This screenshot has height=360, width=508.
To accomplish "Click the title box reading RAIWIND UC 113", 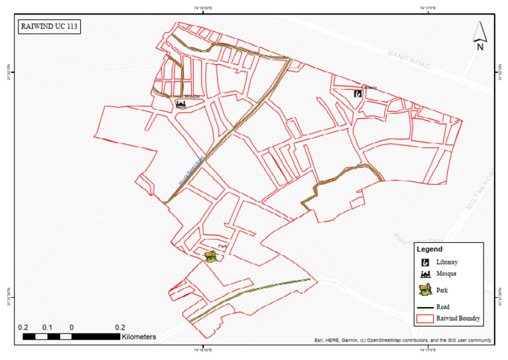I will pyautogui.click(x=50, y=28).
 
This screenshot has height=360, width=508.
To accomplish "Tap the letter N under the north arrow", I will pyautogui.click(x=480, y=47).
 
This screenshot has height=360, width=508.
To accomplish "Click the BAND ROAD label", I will pyautogui.click(x=409, y=60).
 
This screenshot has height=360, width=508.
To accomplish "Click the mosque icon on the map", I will pyautogui.click(x=181, y=104).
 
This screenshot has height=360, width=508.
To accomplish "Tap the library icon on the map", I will pyautogui.click(x=358, y=94).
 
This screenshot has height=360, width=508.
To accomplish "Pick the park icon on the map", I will pyautogui.click(x=210, y=256).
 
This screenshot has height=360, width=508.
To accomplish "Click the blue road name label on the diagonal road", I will pyautogui.click(x=192, y=169).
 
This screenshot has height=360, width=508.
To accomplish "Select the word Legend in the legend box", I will pyautogui.click(x=429, y=249).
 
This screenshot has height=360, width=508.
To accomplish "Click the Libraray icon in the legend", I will pyautogui.click(x=426, y=263).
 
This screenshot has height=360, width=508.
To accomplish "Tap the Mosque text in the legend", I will pyautogui.click(x=446, y=273).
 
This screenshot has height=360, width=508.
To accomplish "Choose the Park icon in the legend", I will pyautogui.click(x=426, y=289).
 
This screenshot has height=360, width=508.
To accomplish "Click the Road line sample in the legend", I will pyautogui.click(x=425, y=307).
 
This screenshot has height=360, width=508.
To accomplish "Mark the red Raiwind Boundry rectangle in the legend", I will pyautogui.click(x=425, y=318).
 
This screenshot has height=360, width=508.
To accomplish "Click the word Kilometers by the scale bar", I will pyautogui.click(x=139, y=337).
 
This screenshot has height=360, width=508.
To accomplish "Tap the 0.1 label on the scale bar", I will pyautogui.click(x=48, y=328).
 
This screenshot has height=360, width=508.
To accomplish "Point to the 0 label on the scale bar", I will pyautogui.click(x=71, y=328).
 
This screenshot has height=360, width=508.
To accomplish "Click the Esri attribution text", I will pyautogui.click(x=403, y=341).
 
